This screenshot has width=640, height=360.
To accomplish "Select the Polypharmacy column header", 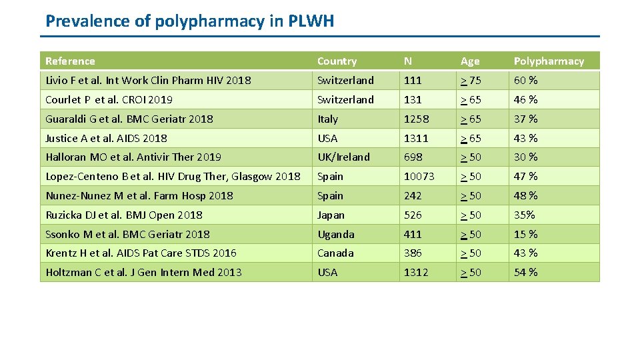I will pos(549,61).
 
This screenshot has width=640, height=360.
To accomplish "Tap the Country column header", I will pos(337,61).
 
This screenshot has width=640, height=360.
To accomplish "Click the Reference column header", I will pos(70,61).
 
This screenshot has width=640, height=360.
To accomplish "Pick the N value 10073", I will pos(419,177).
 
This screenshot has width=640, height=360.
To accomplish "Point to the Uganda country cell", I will pos(335,234).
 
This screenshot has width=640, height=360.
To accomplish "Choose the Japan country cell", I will pos(331,215).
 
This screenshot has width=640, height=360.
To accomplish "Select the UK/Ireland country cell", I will pos(343,157).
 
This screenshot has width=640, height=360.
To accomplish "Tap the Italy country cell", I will pos(327,119).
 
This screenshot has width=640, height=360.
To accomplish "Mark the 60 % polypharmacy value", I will pos(525,81).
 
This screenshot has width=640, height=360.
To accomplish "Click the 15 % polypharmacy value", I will pos(525,234).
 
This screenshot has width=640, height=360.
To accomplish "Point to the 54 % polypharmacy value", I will pos(525,273).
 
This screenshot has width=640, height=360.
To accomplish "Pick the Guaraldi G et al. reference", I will pos(129,119).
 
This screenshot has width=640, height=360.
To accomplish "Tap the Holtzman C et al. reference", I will pos(143,273).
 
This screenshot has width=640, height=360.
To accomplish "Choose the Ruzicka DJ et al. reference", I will pos(124,215).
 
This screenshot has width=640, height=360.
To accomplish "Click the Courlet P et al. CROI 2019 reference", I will pos(109,100).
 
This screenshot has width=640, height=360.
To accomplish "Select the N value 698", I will pos(413,157).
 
